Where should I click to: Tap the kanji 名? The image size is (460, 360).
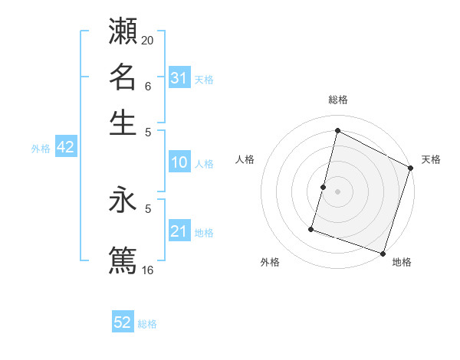(123, 77)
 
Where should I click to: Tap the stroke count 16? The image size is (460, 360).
(147, 270)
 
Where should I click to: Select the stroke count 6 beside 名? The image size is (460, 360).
(148, 87)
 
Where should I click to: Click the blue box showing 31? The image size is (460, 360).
(179, 78)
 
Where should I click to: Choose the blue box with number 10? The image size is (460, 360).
(179, 162)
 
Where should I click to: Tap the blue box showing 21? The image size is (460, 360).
(179, 231)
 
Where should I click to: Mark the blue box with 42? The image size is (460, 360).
(65, 148)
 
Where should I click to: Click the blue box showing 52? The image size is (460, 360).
(123, 322)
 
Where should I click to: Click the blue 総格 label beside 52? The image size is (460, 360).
(147, 324)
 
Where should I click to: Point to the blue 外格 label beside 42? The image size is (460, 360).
(41, 149)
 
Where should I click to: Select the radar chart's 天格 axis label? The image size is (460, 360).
(431, 159)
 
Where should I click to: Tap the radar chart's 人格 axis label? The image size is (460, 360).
(245, 159)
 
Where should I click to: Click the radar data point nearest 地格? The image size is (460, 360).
(383, 252)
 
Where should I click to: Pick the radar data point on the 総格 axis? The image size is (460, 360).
(337, 131)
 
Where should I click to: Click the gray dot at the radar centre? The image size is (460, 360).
(337, 190)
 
